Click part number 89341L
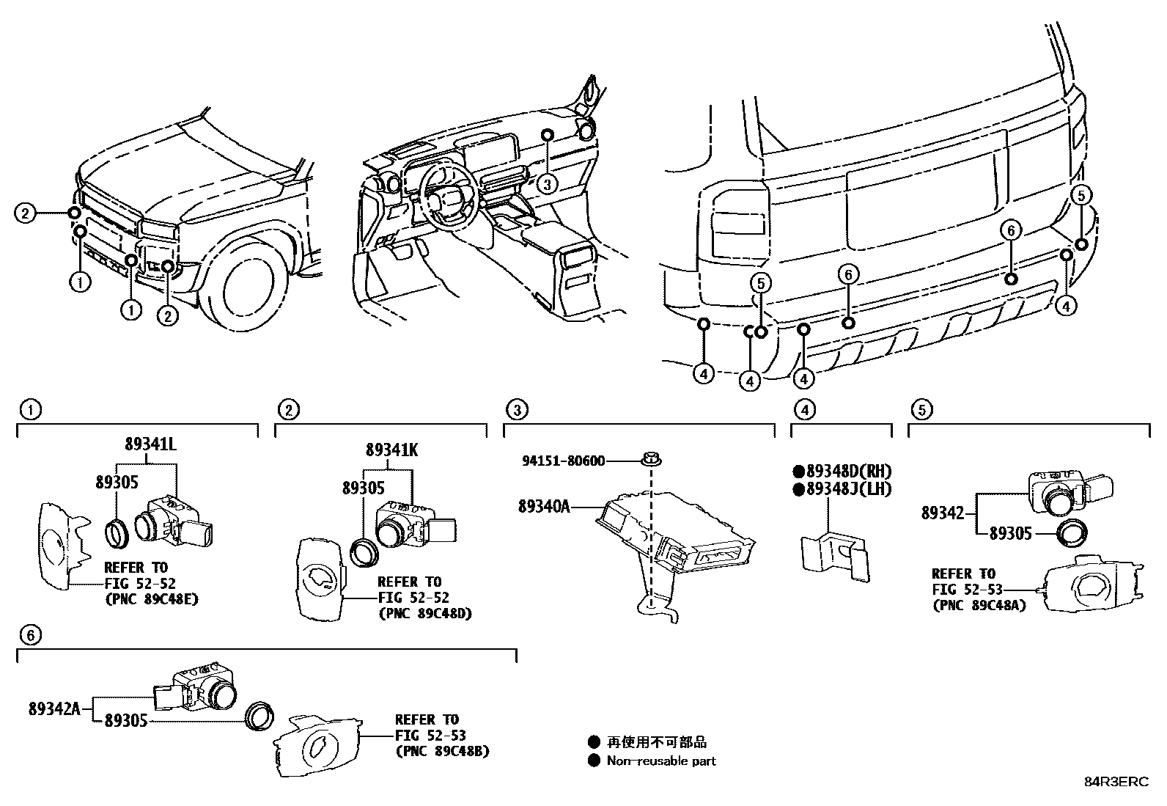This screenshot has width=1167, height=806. (x=150, y=444)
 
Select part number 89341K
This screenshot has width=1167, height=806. (x=392, y=450)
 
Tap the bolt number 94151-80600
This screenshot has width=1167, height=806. (x=564, y=461)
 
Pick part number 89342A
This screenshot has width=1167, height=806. (x=55, y=709)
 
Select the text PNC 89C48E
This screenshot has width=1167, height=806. (x=151, y=599)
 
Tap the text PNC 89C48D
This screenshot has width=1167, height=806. (x=424, y=613)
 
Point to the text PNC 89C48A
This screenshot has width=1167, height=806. (x=979, y=606)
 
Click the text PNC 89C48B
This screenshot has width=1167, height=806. (x=442, y=752)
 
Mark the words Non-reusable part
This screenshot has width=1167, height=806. (x=660, y=761)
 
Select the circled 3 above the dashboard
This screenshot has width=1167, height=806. (x=547, y=183)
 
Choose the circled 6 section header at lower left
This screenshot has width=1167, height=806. (x=30, y=635)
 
